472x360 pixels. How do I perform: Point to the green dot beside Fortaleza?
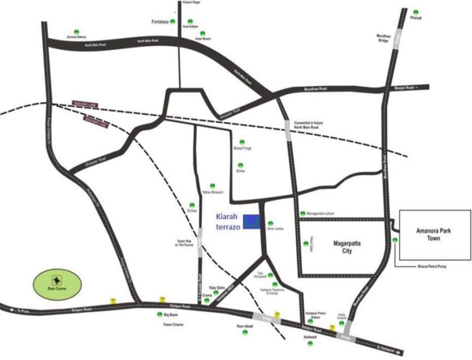click(173, 22)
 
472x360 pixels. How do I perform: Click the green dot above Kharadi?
click(416, 12)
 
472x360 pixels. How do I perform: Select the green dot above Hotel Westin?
click(203, 33)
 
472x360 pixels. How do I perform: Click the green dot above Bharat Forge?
click(242, 142)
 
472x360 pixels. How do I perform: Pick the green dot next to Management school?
click(303, 214)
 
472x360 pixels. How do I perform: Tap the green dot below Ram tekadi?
click(244, 332)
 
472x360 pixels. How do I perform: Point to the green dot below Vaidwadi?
click(310, 344)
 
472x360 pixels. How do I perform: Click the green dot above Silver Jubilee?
click(270, 223)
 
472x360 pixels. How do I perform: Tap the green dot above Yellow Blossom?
click(212, 186)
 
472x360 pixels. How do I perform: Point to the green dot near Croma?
click(206, 300)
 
